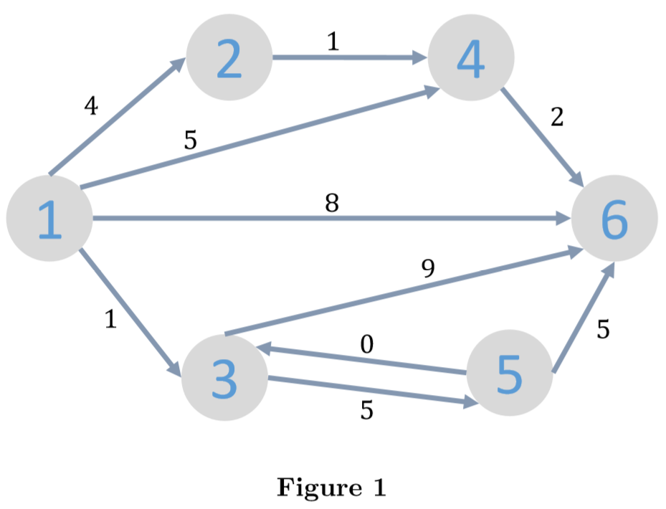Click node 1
pyautogui.click(x=49, y=219)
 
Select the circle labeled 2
pyautogui.click(x=229, y=58)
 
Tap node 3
pyautogui.click(x=224, y=379)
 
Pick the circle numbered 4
pyautogui.click(x=471, y=58)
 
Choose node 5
pyautogui.click(x=510, y=373)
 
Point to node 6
pyautogui.click(x=614, y=219)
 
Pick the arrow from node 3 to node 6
pyautogui.click(x=401, y=291)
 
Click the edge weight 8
pyautogui.click(x=331, y=204)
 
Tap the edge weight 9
pyautogui.click(x=428, y=269)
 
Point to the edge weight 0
pyautogui.click(x=366, y=346)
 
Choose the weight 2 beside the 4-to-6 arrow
pyautogui.click(x=557, y=117)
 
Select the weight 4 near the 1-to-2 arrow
pyautogui.click(x=90, y=106)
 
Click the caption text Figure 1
pyautogui.click(x=331, y=487)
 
